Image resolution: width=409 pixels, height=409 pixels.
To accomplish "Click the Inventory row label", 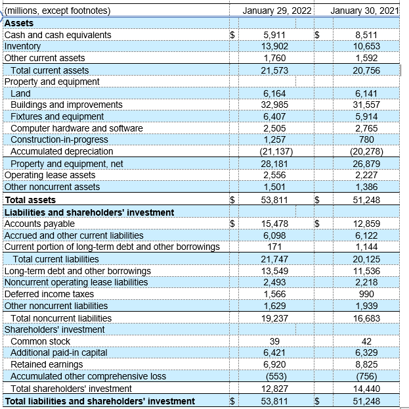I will tap(22, 47).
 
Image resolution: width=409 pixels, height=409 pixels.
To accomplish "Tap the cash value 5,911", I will tap(274, 35).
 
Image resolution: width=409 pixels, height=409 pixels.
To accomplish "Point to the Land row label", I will tap(20, 94).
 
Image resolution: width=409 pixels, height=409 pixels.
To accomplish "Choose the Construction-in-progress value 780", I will tap(367, 140).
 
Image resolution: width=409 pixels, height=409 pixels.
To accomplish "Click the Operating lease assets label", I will tap(50, 176).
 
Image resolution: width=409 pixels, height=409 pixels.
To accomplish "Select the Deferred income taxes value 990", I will tap(367, 294).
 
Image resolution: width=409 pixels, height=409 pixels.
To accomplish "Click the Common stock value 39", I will tap(275, 341).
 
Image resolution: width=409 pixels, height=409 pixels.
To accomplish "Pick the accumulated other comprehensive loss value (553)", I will tap(276, 377).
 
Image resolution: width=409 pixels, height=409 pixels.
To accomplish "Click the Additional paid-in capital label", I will tap(59, 353).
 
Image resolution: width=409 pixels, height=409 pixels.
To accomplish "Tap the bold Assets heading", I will tap(19, 23).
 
